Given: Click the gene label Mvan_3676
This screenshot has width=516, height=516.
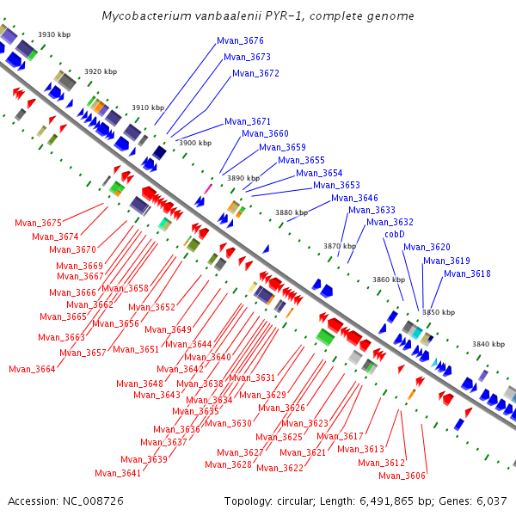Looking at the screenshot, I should (240, 40).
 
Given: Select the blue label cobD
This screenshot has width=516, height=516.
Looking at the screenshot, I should (395, 234).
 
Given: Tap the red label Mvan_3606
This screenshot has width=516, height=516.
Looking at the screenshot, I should (402, 476).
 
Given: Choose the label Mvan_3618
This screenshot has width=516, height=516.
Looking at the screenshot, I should (467, 273).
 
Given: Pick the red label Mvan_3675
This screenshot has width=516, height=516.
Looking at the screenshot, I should (39, 223).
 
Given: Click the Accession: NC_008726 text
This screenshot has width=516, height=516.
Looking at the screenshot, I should (66, 501).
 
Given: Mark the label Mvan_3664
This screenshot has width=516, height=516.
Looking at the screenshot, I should (32, 369).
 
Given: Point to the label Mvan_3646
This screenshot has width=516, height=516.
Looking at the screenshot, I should (354, 198).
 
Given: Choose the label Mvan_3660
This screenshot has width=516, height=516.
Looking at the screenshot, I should (265, 133).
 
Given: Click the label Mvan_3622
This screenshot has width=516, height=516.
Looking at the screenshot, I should (279, 468).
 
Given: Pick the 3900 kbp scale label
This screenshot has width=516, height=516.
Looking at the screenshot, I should (194, 143).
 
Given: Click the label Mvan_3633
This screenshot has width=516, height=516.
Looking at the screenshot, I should (372, 210).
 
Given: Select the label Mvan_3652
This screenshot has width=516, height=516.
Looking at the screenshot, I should (152, 307).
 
